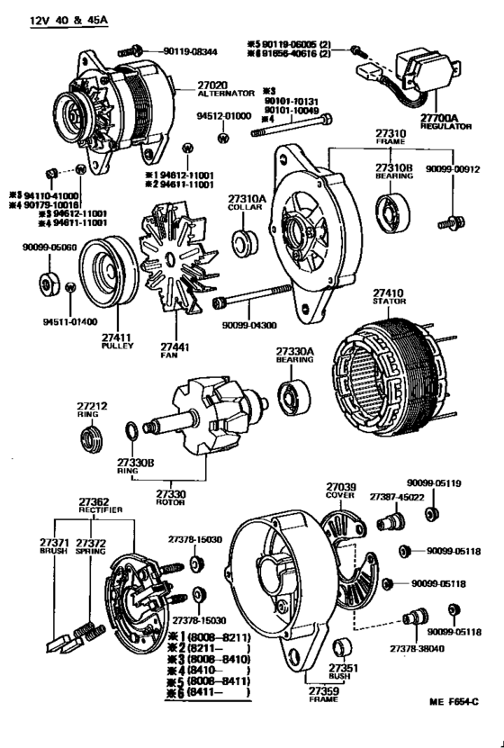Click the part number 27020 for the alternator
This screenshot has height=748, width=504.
pos(214,86)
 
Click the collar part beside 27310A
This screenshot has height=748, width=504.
pos(244,242)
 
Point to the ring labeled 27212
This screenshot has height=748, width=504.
pos(93,442)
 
